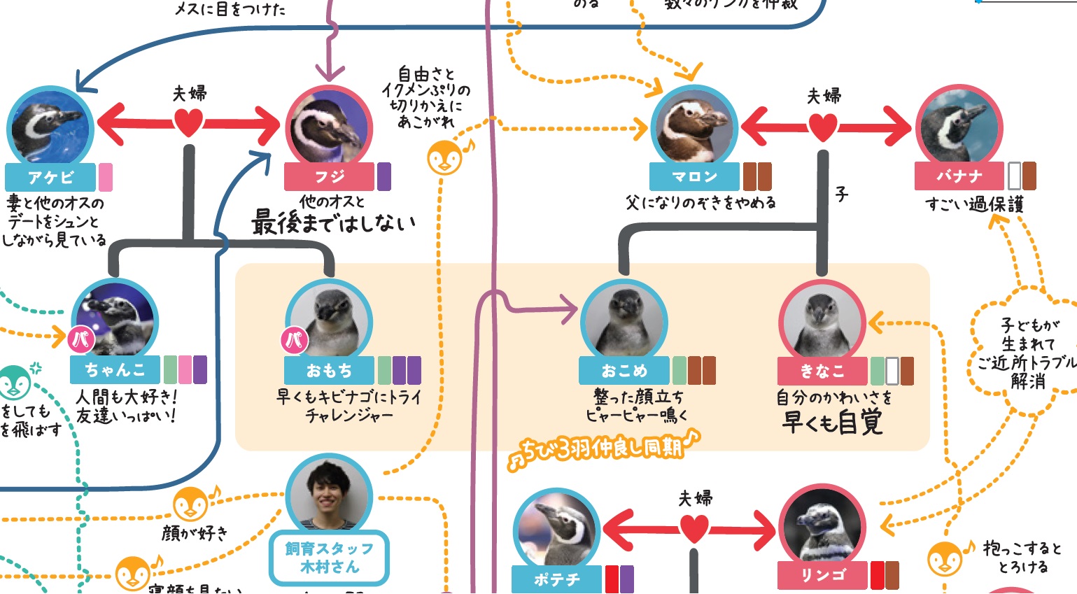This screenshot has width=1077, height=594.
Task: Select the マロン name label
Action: (694, 177)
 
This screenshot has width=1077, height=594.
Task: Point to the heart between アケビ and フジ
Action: (188, 123)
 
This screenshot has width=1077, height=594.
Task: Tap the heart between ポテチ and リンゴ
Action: (694, 529)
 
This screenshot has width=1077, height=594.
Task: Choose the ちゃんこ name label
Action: (115, 369)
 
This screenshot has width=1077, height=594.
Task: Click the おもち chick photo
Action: (329, 323)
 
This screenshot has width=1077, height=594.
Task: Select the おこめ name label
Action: (624, 370)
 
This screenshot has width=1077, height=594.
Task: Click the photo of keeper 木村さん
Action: (329, 496)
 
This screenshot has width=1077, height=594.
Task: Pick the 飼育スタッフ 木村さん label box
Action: (329, 558)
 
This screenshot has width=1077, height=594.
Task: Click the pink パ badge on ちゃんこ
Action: (81, 340)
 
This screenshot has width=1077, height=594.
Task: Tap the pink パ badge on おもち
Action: (295, 340)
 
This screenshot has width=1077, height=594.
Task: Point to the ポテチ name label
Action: (556, 580)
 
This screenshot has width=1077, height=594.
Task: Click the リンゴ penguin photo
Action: (822, 528)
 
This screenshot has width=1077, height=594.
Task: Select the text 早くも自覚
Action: (832, 423)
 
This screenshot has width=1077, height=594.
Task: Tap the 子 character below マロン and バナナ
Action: (842, 194)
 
